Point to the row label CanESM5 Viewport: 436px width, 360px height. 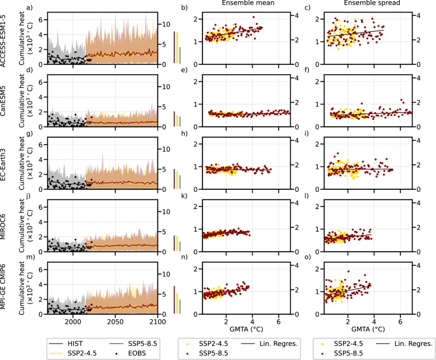(x=5, y=104)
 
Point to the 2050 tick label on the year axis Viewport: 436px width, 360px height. (x=115, y=322)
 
